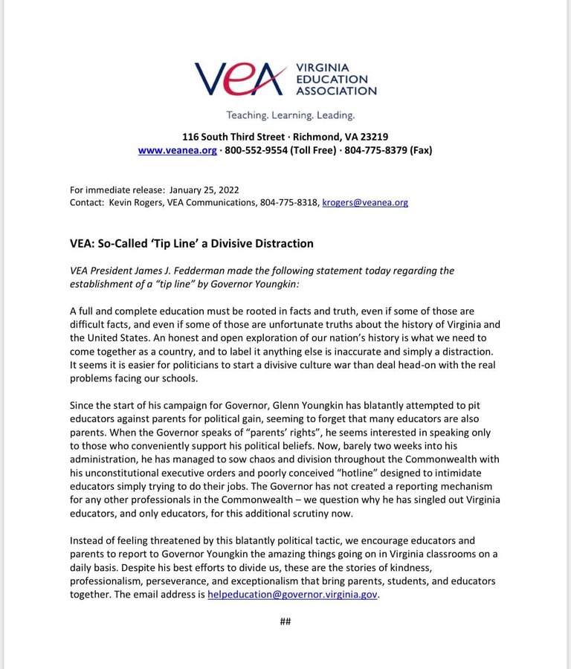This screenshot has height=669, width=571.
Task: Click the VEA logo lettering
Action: [240, 78]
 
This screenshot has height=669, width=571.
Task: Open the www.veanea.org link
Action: [177, 150]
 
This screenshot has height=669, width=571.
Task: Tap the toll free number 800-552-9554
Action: [257, 150]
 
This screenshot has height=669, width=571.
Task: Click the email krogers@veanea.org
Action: [364, 202]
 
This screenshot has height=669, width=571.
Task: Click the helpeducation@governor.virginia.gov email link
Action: [293, 595]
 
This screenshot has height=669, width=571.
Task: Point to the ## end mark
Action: [285, 621]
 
